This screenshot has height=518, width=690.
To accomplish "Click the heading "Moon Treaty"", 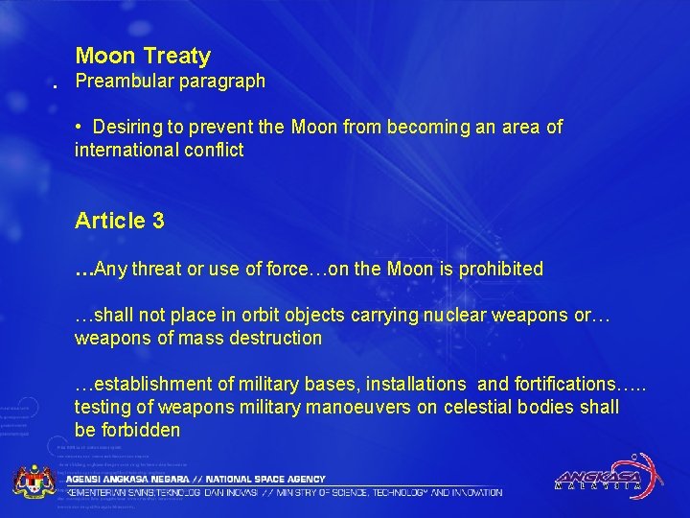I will coord(143,57).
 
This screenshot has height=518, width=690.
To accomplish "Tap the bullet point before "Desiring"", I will coord(83,127).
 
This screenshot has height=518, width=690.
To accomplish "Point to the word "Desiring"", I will coord(129,127).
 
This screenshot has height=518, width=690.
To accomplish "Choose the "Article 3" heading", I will coord(120,221).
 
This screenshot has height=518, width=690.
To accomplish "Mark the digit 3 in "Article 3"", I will coord(157,221).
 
